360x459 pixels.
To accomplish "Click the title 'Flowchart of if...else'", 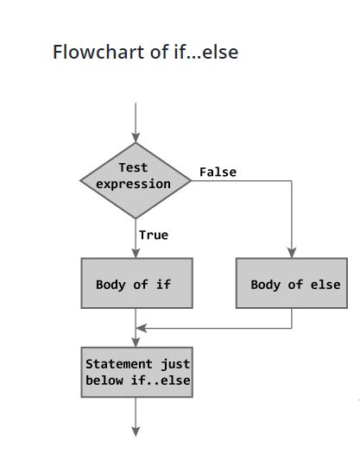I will [145, 52].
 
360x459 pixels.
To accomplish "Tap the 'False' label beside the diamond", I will [218, 172].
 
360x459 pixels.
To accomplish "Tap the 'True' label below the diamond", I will [153, 234].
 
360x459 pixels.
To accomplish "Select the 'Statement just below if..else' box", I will [136, 372].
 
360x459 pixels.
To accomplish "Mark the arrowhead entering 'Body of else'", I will [292, 253].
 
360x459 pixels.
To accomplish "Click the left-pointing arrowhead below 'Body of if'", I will [142, 328].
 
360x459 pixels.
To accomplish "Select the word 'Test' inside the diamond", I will [133, 168].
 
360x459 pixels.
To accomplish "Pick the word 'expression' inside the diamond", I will [133, 184].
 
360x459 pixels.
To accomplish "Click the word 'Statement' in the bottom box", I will [119, 364].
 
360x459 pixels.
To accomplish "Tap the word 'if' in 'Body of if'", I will [163, 284].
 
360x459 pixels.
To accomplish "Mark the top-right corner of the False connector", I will [292, 180].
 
